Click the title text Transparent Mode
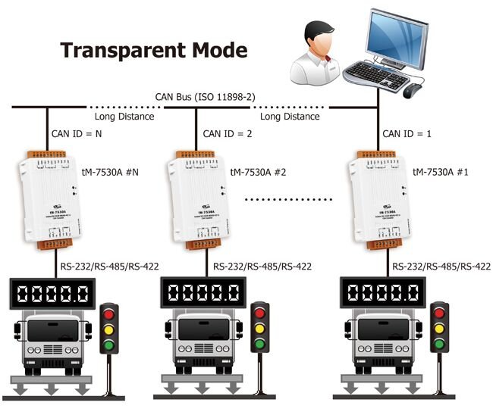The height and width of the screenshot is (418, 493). point(154,51)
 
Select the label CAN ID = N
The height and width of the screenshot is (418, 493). point(77,134)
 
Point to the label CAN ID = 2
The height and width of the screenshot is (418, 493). point(228,134)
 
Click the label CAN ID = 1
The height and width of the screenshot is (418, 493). point(407,134)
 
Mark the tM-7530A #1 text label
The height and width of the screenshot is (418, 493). point(441,172)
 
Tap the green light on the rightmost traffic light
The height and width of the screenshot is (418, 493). point(438,345)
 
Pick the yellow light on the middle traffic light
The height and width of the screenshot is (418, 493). point(261,329)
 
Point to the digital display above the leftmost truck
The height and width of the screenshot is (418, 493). point(51,293)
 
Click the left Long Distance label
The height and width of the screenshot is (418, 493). point(124,117)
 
